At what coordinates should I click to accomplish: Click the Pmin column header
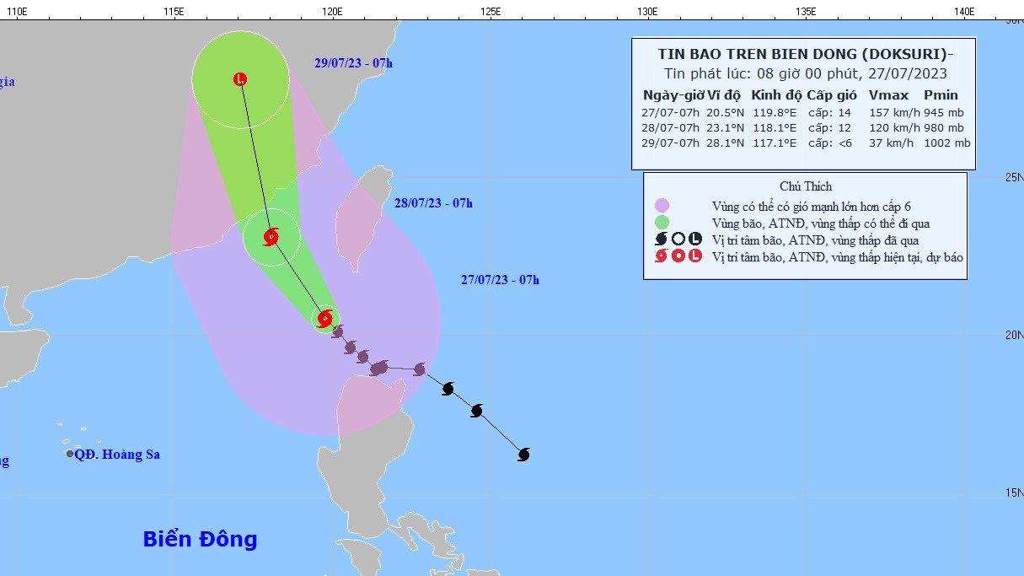pos(941,95)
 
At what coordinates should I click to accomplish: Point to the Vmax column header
pos(887,95)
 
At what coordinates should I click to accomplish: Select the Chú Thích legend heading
pos(806,186)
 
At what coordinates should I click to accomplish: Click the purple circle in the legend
pos(662,206)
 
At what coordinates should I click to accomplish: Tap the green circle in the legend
pos(662,223)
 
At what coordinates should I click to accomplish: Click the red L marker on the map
pos(240,80)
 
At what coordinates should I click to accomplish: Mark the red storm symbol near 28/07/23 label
pos(271,237)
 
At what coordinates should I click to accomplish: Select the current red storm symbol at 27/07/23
pos(325,318)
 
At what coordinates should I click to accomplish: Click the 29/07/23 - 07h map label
pos(353,63)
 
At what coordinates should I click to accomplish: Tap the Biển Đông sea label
pos(200,540)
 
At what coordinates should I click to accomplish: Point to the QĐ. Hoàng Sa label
pos(117,455)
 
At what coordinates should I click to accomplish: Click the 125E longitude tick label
pos(490,11)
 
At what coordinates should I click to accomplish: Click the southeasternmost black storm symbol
pos(523,455)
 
